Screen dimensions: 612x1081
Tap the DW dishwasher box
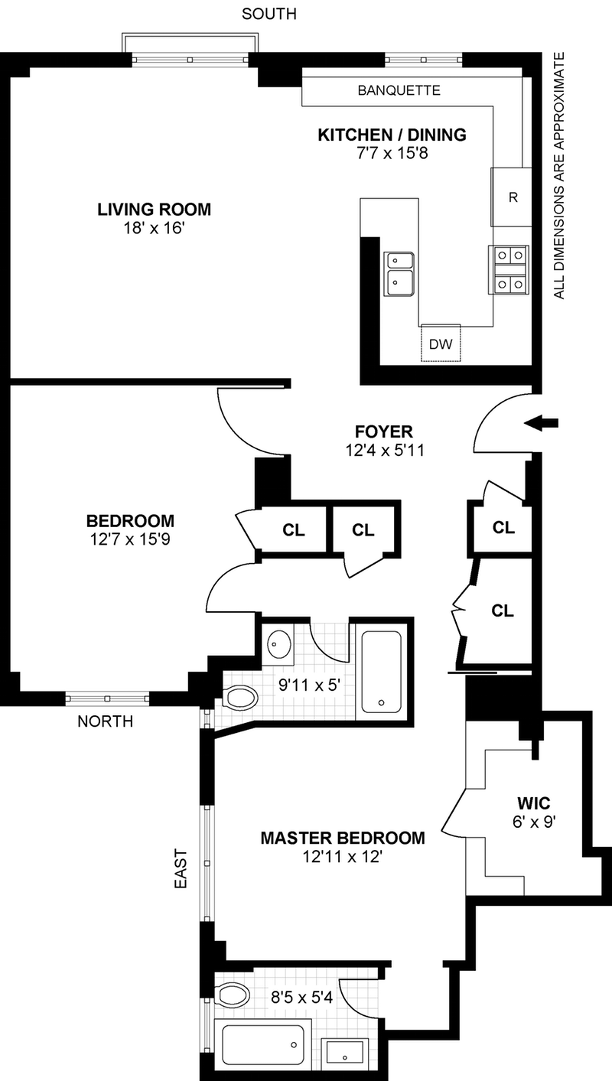440,344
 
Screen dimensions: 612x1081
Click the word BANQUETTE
399,90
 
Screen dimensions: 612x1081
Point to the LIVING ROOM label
154,209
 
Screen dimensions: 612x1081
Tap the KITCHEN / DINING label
392,135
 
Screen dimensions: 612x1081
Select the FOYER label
383,430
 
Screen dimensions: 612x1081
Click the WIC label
533,805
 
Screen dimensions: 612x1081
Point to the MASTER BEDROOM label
342,838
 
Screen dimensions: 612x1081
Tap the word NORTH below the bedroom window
106,721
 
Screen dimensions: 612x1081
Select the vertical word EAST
181,868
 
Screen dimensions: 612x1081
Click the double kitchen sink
400,272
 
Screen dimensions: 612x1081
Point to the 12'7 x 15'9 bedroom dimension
130,540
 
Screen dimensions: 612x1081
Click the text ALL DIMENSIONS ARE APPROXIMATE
559,176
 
